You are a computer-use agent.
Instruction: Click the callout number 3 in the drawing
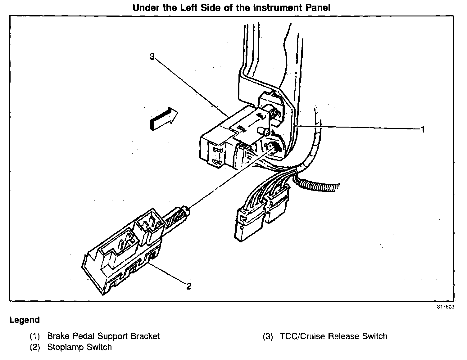coord(152,57)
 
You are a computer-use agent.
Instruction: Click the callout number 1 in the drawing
coord(422,129)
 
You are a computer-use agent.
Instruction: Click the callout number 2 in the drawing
coord(189,286)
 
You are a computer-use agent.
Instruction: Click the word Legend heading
coord(25,320)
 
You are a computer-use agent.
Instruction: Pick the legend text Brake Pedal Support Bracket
coord(103,336)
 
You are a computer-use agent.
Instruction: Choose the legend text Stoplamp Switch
coord(79,347)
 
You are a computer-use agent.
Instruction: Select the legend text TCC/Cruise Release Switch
coord(333,336)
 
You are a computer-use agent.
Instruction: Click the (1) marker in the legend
coord(35,336)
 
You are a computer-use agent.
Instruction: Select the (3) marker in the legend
coord(268,336)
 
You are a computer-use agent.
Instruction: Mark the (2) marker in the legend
coord(35,347)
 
